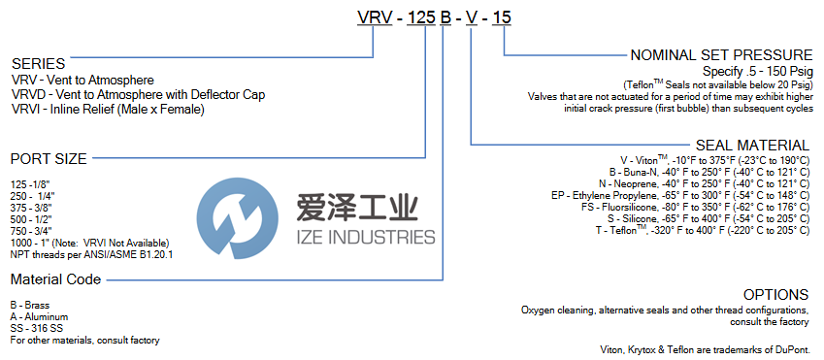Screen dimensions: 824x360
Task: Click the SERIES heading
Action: [x=39, y=64]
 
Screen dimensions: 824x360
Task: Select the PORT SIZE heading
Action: [x=49, y=159]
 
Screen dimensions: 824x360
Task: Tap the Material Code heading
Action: [x=55, y=279]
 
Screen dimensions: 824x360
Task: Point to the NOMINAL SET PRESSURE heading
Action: [x=721, y=55]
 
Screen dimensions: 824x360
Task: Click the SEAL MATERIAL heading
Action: [x=752, y=146]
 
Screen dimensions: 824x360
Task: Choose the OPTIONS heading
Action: [x=775, y=294]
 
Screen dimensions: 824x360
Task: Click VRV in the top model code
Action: [x=376, y=17]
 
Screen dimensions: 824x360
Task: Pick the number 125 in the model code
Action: [x=422, y=17]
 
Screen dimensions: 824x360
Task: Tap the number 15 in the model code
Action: [x=504, y=17]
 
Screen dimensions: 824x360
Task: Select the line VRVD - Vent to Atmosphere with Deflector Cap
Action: [x=138, y=95]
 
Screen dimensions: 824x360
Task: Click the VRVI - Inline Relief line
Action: [x=108, y=110]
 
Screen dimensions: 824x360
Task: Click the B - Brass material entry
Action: [x=30, y=306]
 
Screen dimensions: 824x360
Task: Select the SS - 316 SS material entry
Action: [x=37, y=329]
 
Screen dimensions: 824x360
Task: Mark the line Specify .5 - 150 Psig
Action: [x=758, y=72]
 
